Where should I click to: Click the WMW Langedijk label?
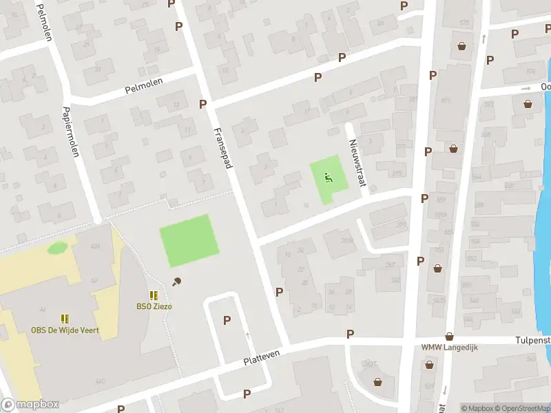click(449, 347)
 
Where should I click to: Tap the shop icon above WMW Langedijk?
click(449, 336)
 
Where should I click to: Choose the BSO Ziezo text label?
click(154, 306)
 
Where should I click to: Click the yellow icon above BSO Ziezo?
click(154, 295)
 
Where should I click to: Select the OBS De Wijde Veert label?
click(65, 330)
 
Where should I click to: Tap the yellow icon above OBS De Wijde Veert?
click(65, 319)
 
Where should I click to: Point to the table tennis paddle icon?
click(178, 280)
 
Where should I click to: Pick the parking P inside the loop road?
click(227, 320)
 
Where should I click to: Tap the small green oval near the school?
click(57, 247)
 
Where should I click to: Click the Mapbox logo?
click(30, 405)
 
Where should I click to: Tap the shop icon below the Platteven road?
click(377, 382)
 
